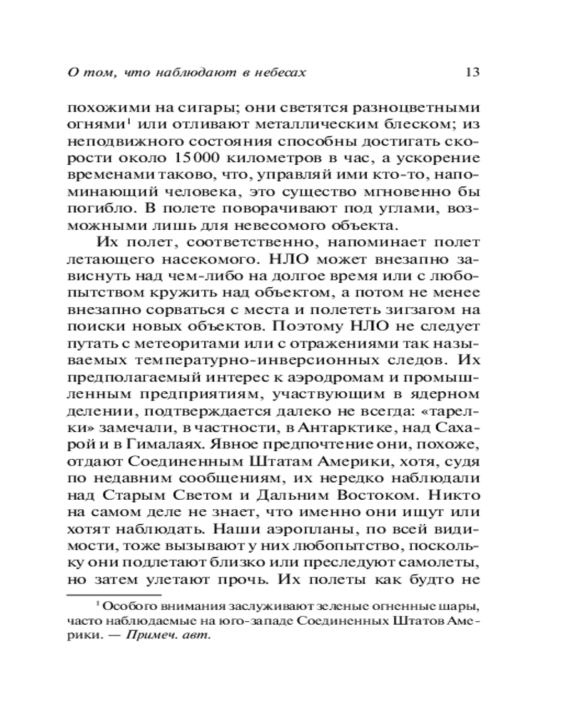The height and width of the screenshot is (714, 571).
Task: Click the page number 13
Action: [470, 71]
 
